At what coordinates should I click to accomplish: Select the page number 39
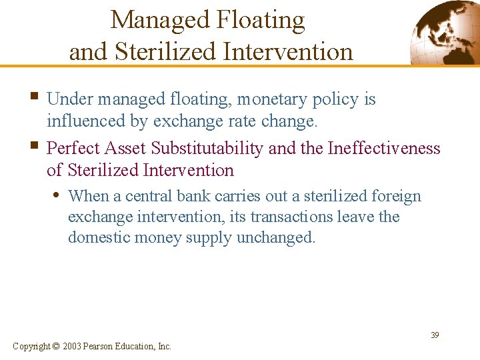pos(434,335)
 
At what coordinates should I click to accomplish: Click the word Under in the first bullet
pos(71,99)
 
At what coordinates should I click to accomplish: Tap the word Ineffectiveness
pos(384,147)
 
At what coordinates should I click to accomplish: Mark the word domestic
pos(97,237)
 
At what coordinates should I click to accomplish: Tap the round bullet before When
pos(59,195)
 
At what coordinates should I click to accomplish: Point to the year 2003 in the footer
pos(73,346)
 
